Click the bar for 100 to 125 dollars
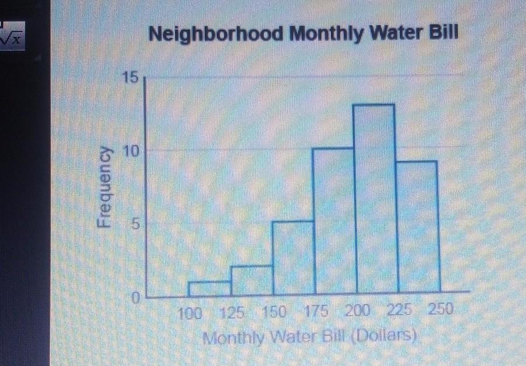coord(210,288)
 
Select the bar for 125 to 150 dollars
coord(252,280)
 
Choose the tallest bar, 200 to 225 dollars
coord(375,199)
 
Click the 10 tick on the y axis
coord(132,150)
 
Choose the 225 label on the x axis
coord(400,310)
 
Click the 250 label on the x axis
coord(441,309)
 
